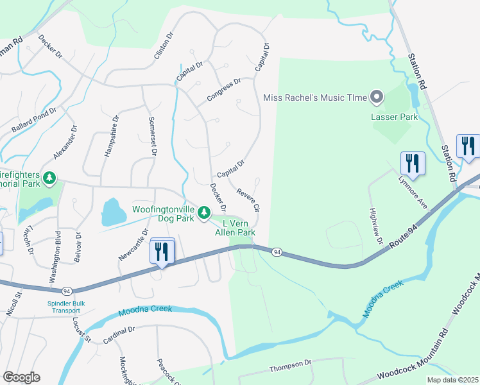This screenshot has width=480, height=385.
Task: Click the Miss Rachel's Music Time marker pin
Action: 377,98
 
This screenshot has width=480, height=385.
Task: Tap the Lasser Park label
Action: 394,117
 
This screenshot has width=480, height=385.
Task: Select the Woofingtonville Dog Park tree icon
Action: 203,211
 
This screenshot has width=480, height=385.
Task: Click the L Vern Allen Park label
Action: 235,227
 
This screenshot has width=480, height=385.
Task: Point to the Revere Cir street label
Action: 248,200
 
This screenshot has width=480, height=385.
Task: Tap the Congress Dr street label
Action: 223,90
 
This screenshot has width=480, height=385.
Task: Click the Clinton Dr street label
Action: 164,47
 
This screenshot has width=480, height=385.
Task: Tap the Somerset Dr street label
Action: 152,136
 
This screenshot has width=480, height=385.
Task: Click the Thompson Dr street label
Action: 290,364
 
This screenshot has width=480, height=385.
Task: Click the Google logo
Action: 21,377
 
